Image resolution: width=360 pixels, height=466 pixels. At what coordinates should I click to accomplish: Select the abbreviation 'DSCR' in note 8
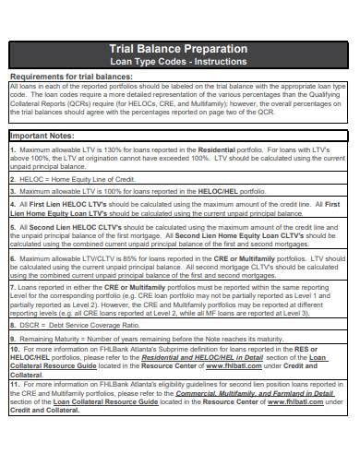click(x=28, y=326)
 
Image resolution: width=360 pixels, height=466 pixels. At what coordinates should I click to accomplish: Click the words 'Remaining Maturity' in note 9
click(x=50, y=339)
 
